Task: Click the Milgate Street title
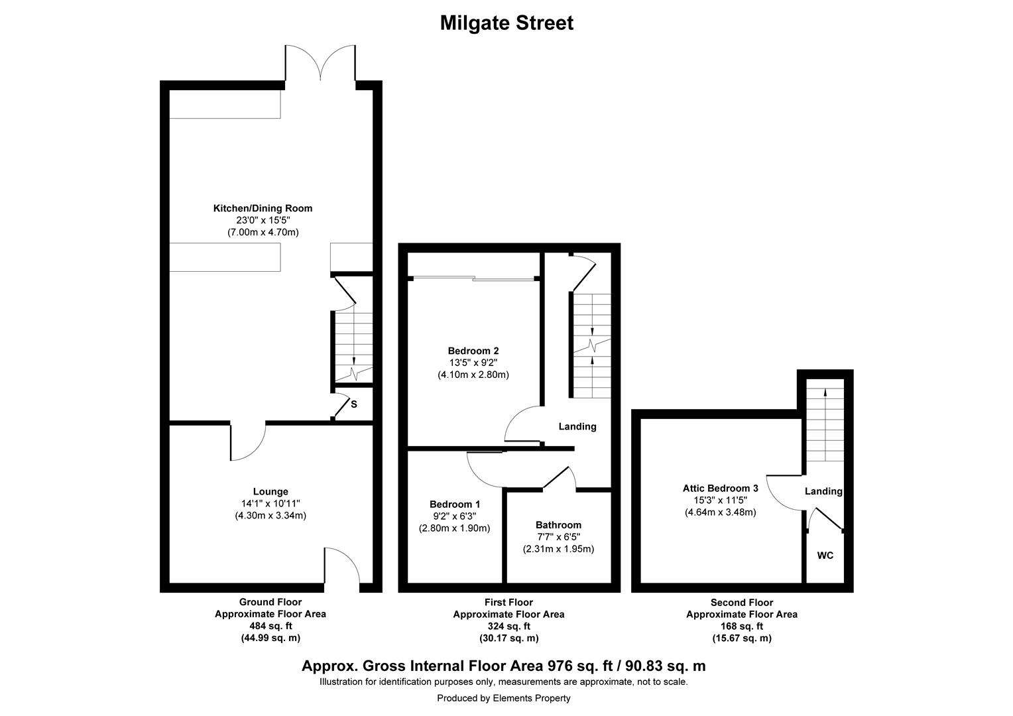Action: [x=506, y=23]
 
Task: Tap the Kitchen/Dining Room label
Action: [x=263, y=208]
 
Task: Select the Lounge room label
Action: [x=270, y=491]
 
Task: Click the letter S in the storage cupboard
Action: [x=354, y=404]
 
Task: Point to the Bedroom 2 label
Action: [x=473, y=351]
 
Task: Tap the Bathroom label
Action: [x=558, y=524]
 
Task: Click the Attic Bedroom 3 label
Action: [x=720, y=488]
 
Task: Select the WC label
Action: [x=825, y=556]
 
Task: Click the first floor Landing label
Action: [x=577, y=426]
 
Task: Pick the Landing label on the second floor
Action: [x=823, y=491]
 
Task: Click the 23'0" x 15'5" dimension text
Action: [x=263, y=220]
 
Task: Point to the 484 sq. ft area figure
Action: [x=270, y=626]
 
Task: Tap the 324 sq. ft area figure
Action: [x=508, y=626]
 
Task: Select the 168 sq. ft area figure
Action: [x=741, y=626]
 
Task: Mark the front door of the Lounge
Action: [x=341, y=567]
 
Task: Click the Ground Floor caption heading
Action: [x=270, y=602]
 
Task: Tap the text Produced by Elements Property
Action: [x=503, y=698]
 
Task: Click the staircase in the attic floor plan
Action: [x=825, y=421]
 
